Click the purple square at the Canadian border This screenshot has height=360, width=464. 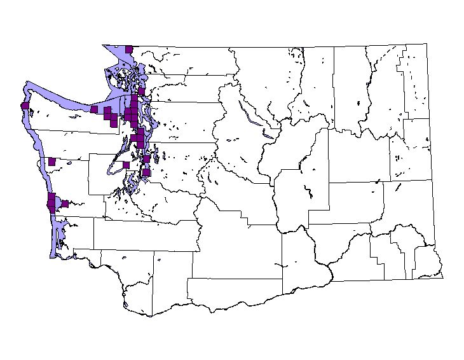(x=129, y=49)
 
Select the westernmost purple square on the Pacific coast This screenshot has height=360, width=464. (x=25, y=106)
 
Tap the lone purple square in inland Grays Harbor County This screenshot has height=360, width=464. (x=52, y=162)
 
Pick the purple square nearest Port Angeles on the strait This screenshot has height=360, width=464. (x=94, y=109)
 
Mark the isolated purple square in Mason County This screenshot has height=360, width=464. (x=126, y=165)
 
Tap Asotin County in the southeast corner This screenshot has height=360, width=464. (x=427, y=261)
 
